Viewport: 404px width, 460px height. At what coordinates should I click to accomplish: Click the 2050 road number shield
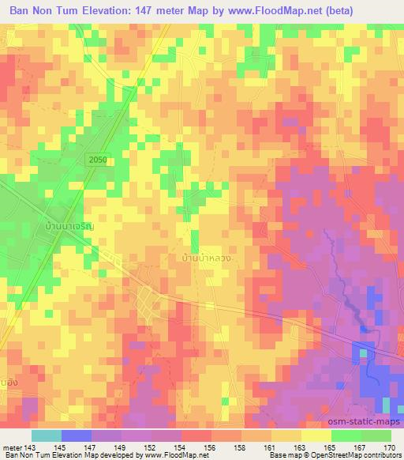click(97, 160)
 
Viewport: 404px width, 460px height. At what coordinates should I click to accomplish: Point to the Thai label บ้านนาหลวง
click(207, 258)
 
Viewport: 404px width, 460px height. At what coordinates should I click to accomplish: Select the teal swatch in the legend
click(46, 436)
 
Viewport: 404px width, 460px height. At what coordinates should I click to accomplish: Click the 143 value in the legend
click(30, 447)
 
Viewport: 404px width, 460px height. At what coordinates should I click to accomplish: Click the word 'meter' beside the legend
click(13, 447)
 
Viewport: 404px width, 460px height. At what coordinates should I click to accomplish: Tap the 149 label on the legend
click(119, 447)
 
